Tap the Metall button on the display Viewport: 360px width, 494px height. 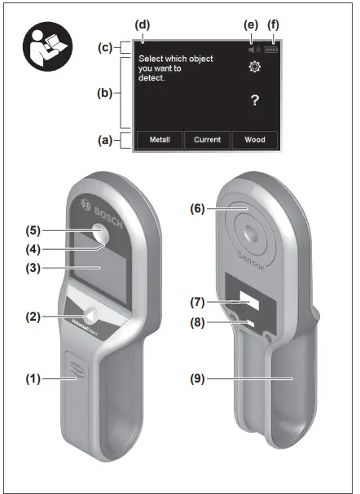[160, 139]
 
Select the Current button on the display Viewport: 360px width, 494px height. [207, 139]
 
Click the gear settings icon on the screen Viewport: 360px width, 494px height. [254, 68]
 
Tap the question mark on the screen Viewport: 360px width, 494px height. [254, 99]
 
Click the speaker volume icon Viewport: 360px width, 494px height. [254, 48]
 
